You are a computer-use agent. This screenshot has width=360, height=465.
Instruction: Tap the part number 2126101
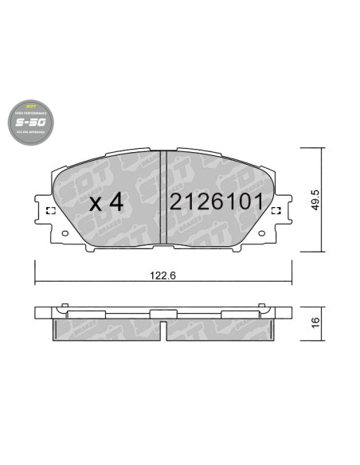[x=215, y=202]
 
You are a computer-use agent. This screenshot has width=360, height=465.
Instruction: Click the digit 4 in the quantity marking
[x=116, y=202]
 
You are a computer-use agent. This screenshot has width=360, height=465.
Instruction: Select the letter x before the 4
[x=96, y=205]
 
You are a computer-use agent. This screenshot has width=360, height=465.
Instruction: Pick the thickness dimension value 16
[x=315, y=322]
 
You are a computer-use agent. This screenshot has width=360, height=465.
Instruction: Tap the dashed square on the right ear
[x=276, y=211]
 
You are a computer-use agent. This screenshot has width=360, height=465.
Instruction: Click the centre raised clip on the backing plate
[x=163, y=309]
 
